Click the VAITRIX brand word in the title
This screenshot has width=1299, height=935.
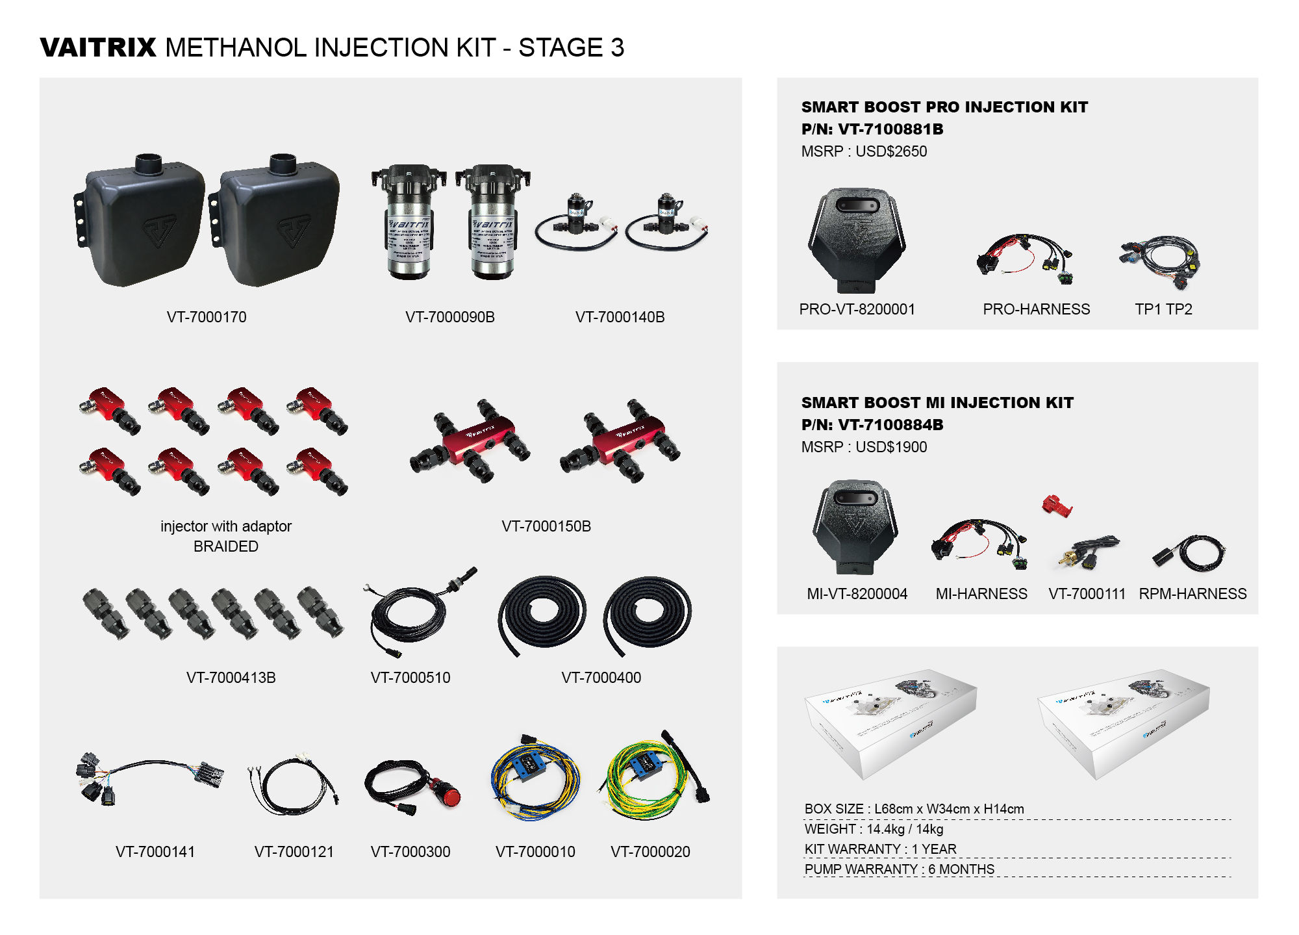click(98, 47)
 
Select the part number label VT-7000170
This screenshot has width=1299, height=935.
click(207, 317)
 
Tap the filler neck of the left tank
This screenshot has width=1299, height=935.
click(148, 162)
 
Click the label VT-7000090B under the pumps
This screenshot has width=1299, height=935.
click(449, 317)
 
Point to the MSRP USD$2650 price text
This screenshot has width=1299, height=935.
click(864, 151)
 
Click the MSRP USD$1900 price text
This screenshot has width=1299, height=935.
click(864, 447)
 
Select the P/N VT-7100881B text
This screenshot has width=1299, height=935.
click(872, 129)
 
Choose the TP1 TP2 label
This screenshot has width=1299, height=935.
click(1163, 309)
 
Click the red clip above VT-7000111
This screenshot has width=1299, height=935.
click(1056, 505)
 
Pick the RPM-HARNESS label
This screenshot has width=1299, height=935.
click(1192, 594)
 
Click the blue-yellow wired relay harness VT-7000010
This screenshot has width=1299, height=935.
click(534, 776)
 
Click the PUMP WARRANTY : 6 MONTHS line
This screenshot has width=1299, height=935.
click(899, 869)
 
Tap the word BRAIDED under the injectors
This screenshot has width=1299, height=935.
click(225, 546)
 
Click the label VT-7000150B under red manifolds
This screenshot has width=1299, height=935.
click(546, 526)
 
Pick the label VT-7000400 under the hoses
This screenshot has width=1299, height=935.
click(601, 678)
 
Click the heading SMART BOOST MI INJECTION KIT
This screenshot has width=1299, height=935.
click(937, 403)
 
